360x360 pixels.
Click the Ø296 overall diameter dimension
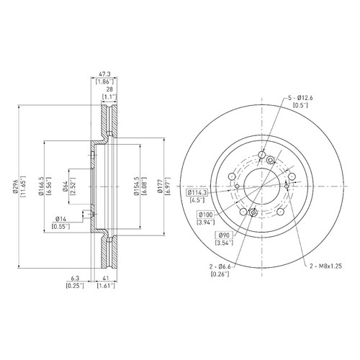(15, 186)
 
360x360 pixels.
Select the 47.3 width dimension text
(104, 74)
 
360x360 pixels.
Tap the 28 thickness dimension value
(109, 89)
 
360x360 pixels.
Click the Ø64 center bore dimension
(65, 186)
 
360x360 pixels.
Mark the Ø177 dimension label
(159, 186)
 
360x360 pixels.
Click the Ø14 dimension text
(60, 219)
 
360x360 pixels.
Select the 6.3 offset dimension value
(75, 278)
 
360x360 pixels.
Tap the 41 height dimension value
(106, 278)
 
